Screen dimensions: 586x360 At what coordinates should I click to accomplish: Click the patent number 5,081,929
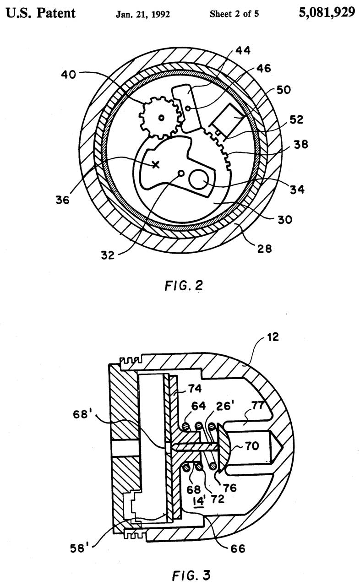(327, 12)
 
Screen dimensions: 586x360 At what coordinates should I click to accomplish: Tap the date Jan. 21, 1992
(142, 14)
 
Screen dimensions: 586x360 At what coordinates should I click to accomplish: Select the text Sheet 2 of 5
(234, 14)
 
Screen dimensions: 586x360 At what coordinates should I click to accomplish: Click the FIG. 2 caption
(183, 286)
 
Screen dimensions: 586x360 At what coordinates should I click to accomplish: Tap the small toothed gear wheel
(160, 118)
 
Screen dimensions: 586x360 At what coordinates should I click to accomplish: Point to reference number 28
(264, 249)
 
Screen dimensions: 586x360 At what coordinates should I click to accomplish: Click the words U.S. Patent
(40, 12)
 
